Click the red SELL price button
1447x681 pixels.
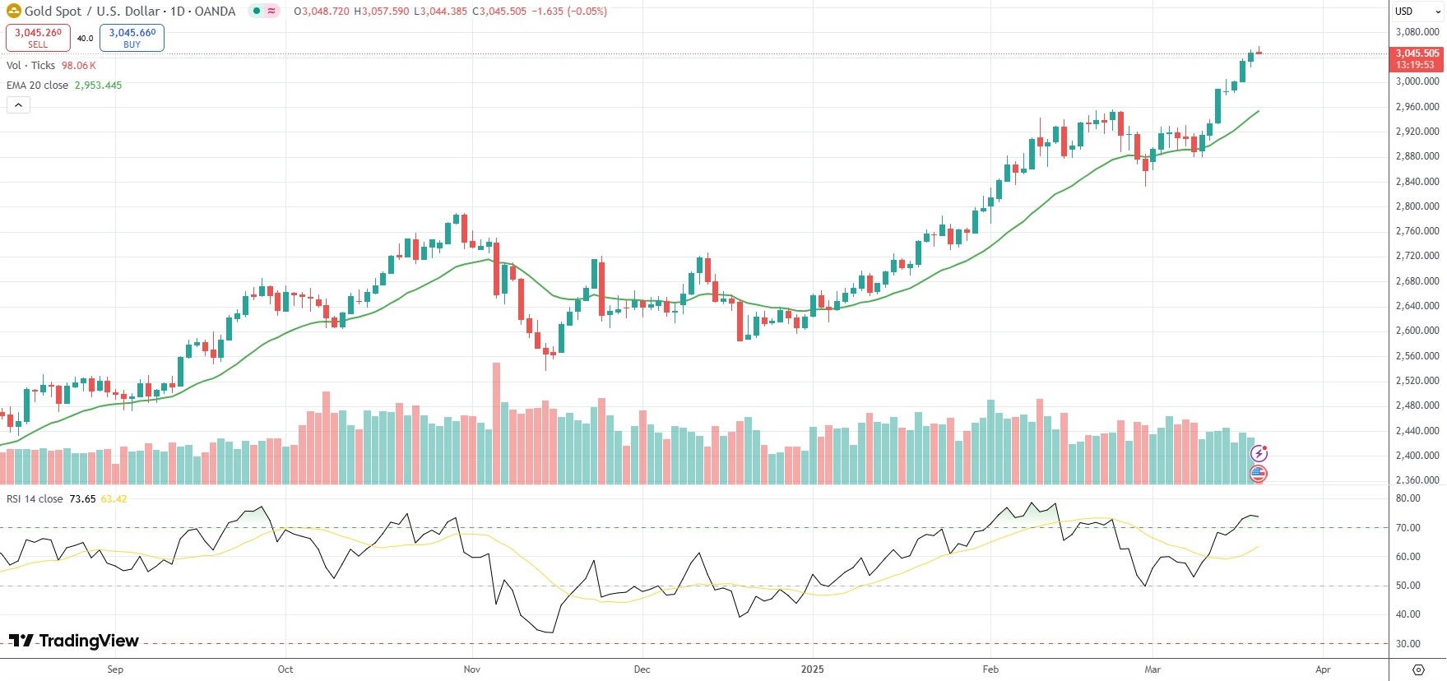38,38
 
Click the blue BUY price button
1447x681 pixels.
132,38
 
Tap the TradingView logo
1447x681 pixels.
74,641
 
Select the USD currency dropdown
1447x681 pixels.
1417,12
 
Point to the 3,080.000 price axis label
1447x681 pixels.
1417,32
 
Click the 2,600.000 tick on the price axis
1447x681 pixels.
1417,331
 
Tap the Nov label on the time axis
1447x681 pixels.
471,669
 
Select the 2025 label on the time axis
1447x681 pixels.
812,669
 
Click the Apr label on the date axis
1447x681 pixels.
1323,669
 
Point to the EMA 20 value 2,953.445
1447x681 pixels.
98,86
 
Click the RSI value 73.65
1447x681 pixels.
82,499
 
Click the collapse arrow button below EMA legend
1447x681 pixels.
18,105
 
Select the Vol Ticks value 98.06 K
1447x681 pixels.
78,66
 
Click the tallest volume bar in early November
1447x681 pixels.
496,423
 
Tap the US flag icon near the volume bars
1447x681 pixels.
1259,474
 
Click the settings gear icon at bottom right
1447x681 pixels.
1418,669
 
